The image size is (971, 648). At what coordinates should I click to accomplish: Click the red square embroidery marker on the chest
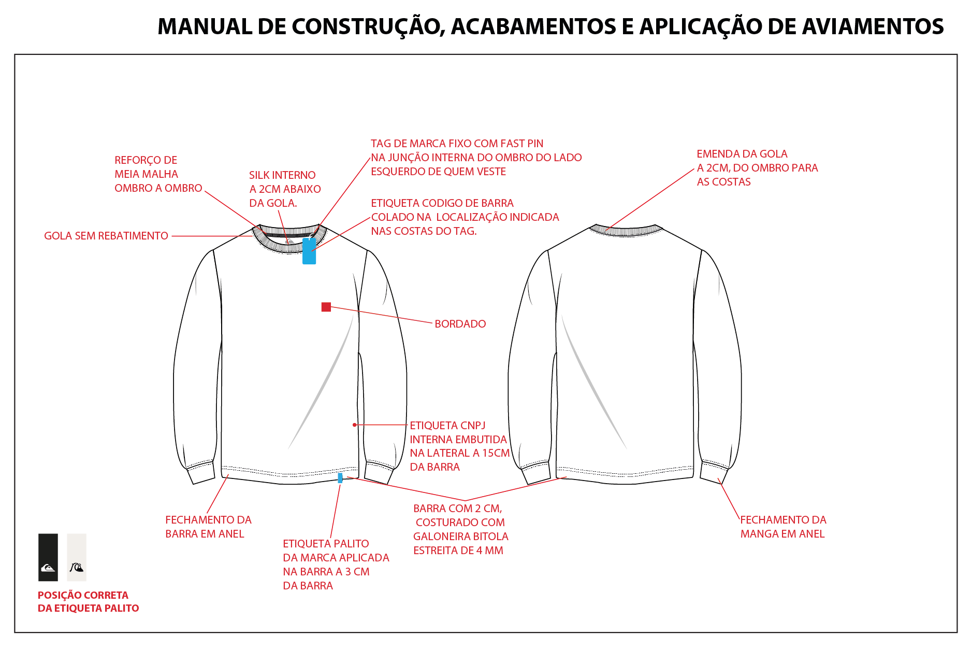[x=326, y=307]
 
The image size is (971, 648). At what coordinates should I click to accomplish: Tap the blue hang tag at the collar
[x=309, y=251]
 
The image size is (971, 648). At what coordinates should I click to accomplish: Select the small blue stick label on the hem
[x=340, y=477]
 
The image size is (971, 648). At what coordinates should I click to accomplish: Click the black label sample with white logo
[x=48, y=557]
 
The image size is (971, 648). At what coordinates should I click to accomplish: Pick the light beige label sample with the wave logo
[x=77, y=557]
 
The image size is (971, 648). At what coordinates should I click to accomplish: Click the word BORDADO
[x=460, y=324]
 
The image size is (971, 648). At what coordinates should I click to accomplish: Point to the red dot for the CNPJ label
[x=355, y=425]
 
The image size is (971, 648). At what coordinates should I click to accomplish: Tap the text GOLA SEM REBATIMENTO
[x=106, y=236]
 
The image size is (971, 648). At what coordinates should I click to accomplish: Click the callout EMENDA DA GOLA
[x=742, y=154]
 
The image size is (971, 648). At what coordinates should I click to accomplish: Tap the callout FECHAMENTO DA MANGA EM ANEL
[x=783, y=527]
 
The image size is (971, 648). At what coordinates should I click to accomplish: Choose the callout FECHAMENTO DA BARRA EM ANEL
[x=208, y=527]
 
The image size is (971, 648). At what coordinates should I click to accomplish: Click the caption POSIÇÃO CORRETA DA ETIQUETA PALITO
[x=89, y=602]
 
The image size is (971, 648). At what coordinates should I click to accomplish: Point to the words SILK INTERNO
[x=282, y=175]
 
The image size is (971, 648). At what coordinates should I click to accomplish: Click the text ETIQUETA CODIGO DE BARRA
[x=442, y=203]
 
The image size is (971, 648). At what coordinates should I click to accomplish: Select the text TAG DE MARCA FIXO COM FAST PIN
[x=457, y=144]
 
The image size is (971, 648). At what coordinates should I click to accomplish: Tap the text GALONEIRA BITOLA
[x=461, y=537]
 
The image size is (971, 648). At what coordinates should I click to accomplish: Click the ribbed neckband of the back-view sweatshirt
[x=626, y=231]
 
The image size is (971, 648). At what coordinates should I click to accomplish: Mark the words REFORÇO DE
[x=146, y=160]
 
